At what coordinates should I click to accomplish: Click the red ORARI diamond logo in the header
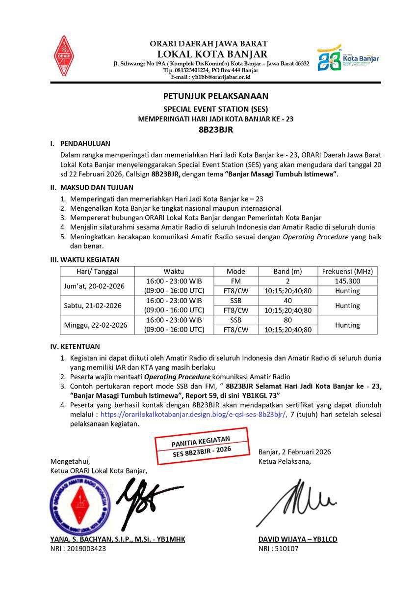pyautogui.click(x=63, y=56)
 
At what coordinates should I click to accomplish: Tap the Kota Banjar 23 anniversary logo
pyautogui.click(x=348, y=59)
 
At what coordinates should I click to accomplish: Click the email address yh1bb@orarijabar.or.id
pyautogui.click(x=211, y=77)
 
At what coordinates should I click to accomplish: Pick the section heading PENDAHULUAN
pyautogui.click(x=85, y=143)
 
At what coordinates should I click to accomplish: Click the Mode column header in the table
pyautogui.click(x=236, y=271)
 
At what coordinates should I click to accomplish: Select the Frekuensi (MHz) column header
pyautogui.click(x=347, y=271)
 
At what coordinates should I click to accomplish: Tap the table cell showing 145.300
pyautogui.click(x=347, y=281)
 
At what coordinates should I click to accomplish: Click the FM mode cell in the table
pyautogui.click(x=236, y=281)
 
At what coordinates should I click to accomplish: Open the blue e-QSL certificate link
pyautogui.click(x=194, y=415)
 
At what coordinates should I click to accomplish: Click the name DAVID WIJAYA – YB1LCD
pyautogui.click(x=298, y=539)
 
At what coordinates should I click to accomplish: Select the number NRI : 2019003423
pyautogui.click(x=78, y=549)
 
